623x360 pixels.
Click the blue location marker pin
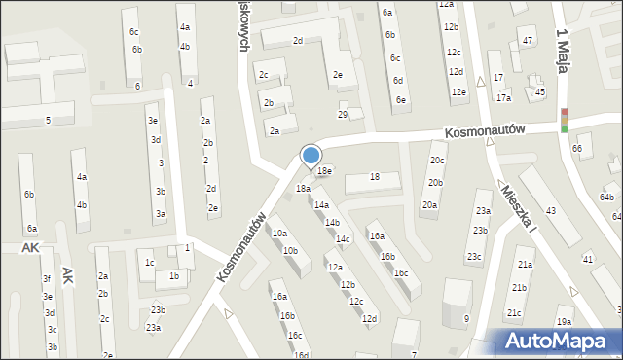click(x=311, y=156)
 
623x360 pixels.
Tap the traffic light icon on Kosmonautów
click(x=565, y=120)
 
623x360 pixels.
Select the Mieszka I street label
click(x=516, y=206)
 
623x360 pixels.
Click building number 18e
click(x=325, y=171)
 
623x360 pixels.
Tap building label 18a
click(x=303, y=188)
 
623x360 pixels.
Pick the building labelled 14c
click(x=343, y=239)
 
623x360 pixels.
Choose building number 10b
click(x=290, y=251)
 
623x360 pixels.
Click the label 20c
click(x=437, y=161)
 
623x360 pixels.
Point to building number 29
click(x=343, y=115)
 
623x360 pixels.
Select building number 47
click(x=528, y=41)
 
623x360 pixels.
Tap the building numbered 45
click(x=540, y=91)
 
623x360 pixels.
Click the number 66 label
click(x=577, y=148)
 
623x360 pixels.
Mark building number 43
click(x=551, y=212)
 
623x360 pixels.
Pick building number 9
click(x=466, y=319)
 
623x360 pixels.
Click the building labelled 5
click(x=48, y=120)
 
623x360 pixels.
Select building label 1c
click(x=149, y=263)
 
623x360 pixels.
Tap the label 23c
click(x=474, y=257)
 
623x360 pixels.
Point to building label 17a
click(x=503, y=98)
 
